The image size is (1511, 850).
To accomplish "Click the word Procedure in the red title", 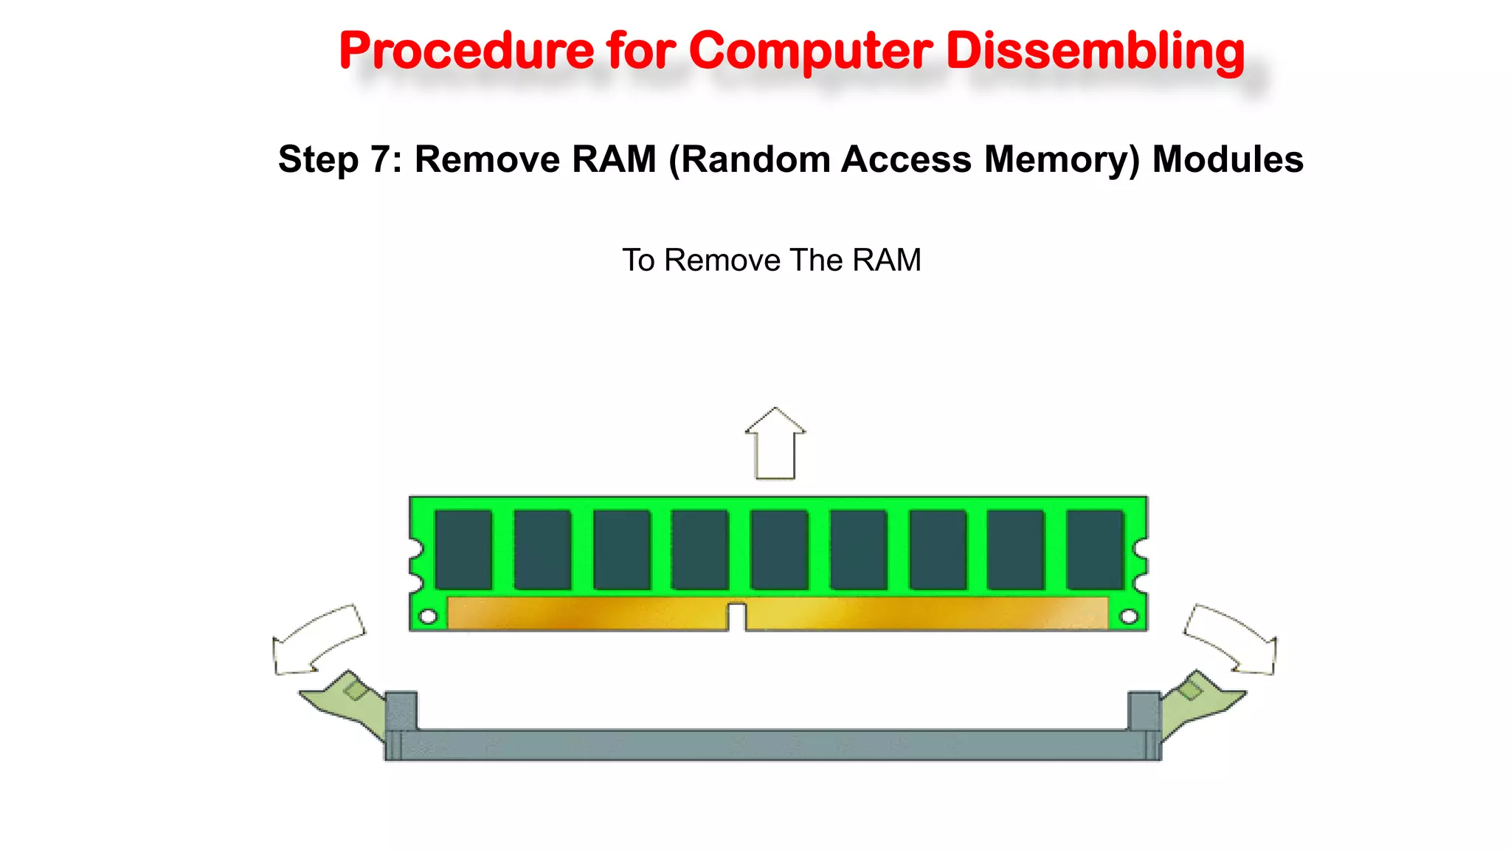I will [x=466, y=52].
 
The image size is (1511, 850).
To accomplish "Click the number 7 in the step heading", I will [x=381, y=159].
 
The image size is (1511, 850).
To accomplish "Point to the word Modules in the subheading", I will [x=1228, y=159].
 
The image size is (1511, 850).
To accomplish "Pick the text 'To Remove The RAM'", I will [x=772, y=260].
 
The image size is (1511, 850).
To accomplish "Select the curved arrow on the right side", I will [x=1231, y=639].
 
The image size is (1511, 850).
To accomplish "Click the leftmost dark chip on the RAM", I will [x=463, y=550].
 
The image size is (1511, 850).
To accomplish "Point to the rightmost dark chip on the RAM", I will [x=1095, y=550].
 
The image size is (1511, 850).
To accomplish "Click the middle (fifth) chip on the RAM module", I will [x=779, y=550].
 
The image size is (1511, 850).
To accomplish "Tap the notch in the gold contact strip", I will [x=736, y=617].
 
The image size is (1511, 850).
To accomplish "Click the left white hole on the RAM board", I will [x=428, y=616].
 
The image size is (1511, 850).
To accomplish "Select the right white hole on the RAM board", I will [x=1129, y=616].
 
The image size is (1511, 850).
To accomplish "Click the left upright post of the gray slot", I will [x=401, y=711].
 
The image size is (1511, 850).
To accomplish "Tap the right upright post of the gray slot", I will [x=1144, y=711].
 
